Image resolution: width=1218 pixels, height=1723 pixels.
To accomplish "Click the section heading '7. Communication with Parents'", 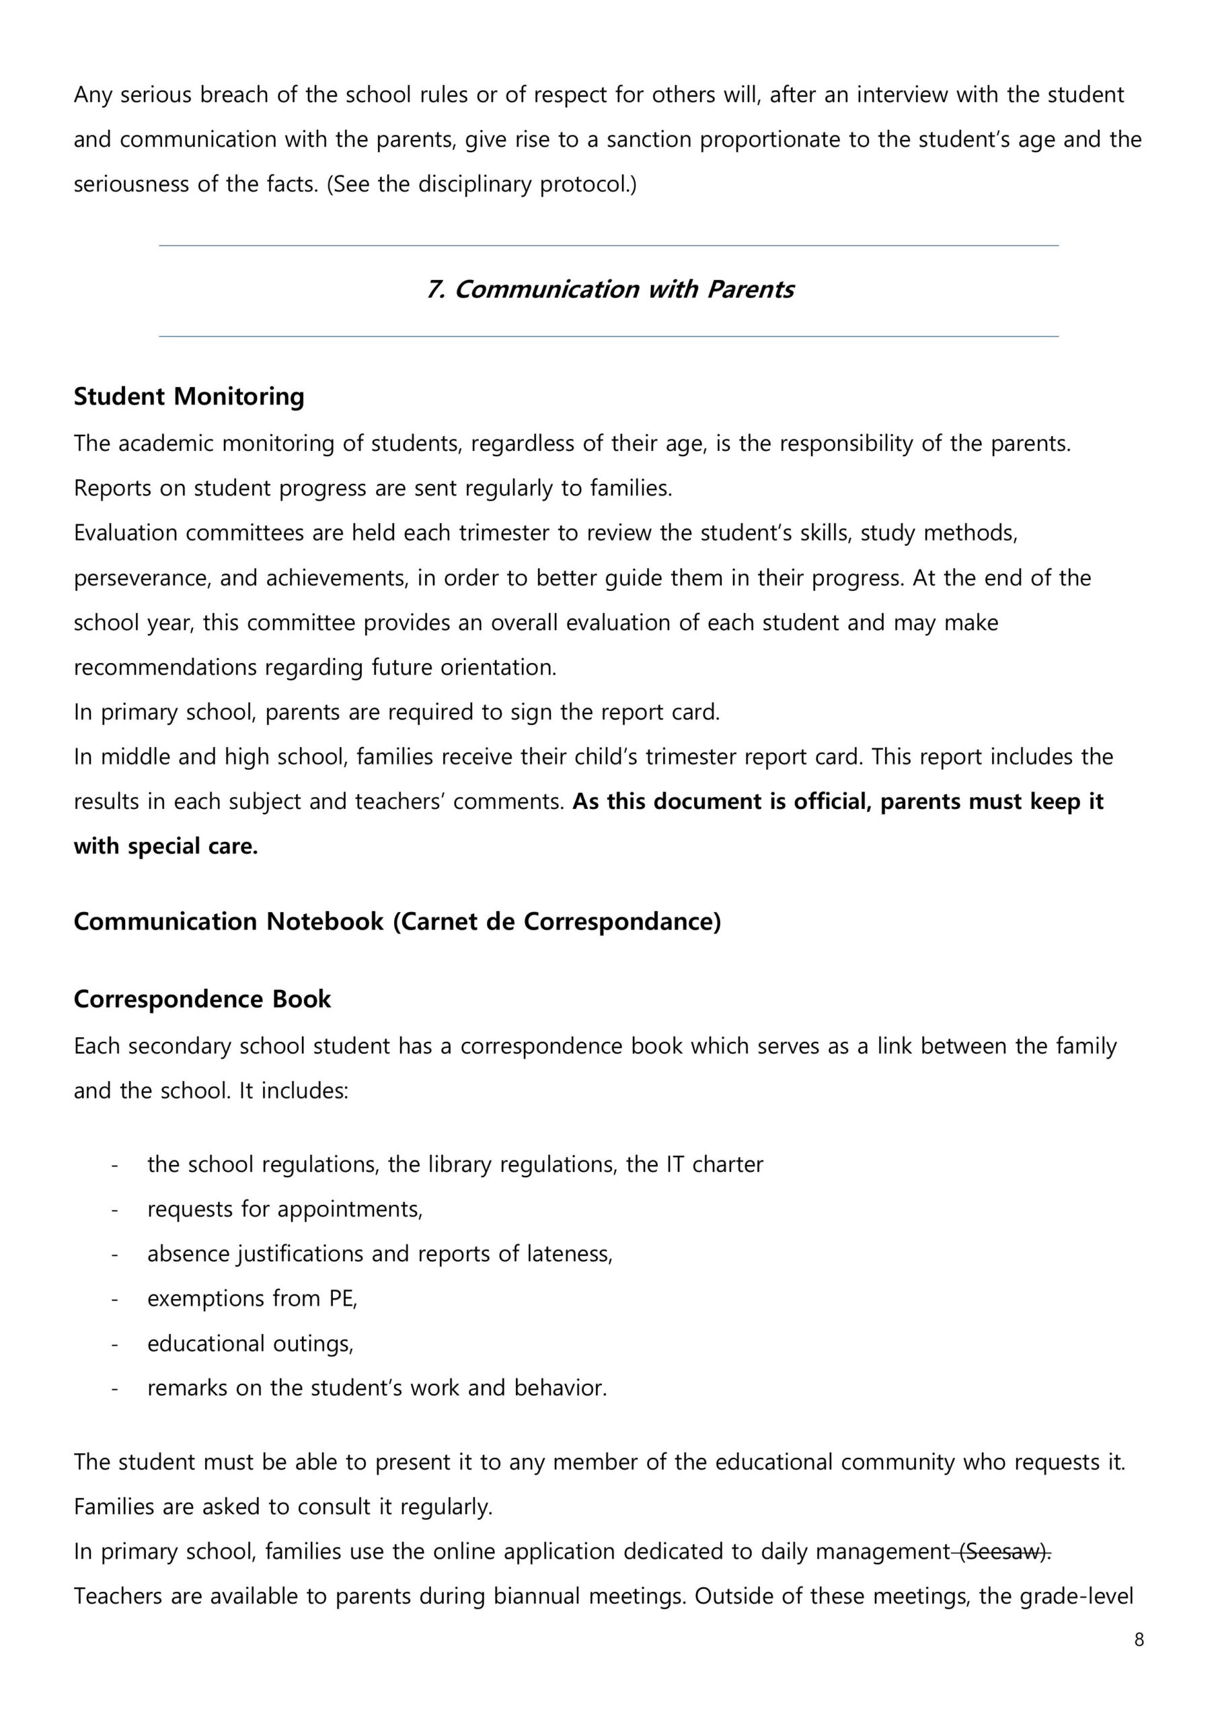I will click(609, 289).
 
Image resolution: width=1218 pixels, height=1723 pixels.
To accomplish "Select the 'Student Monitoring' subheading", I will click(189, 396).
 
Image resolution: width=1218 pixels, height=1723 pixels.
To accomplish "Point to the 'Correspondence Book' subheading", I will click(202, 999).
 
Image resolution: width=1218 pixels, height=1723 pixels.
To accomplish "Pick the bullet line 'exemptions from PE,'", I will click(252, 1298).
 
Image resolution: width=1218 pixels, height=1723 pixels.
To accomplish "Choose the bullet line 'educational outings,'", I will click(250, 1343).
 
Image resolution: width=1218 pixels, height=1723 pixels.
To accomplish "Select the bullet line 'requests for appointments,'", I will click(285, 1209).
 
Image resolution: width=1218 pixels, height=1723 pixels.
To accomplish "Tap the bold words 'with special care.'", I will click(165, 847).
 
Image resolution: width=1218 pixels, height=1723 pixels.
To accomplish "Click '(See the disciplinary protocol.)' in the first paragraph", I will click(481, 184).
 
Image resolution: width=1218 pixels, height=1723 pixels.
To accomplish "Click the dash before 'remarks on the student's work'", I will click(114, 1388).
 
